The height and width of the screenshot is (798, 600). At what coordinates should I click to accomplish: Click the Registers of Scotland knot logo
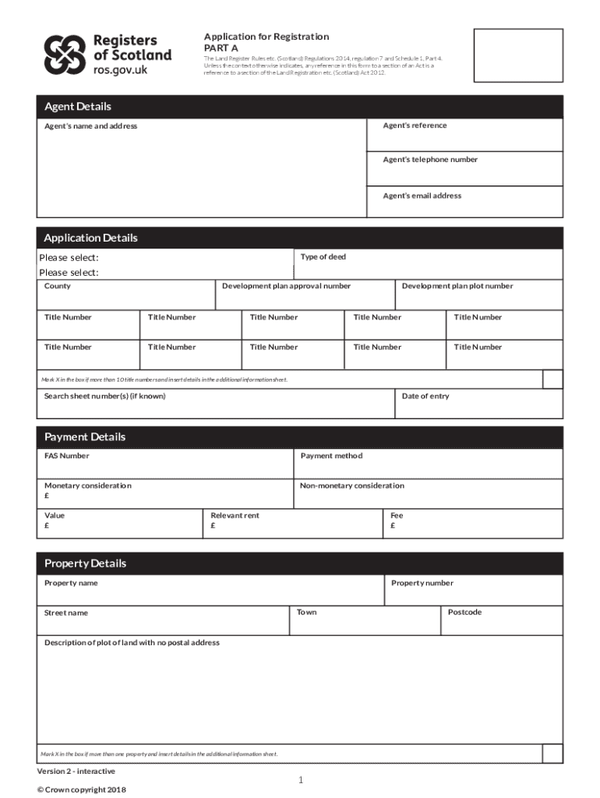pos(64,54)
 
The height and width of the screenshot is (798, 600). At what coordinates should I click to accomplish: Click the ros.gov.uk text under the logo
pos(119,69)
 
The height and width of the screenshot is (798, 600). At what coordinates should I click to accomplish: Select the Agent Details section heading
pos(78,107)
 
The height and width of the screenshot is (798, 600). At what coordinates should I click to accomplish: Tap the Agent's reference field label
pos(415,125)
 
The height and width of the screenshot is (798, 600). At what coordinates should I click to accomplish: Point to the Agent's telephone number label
pos(430,160)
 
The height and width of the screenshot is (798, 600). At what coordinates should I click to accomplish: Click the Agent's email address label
pos(422,196)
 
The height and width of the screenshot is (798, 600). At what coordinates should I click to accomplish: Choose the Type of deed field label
pos(323,257)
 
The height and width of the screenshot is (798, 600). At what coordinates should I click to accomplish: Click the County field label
pos(58,286)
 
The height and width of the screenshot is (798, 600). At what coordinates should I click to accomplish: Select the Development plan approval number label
pos(286,286)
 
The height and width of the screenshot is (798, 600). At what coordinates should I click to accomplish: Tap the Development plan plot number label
pos(457,286)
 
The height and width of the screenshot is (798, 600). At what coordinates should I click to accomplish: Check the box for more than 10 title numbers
pos(552,379)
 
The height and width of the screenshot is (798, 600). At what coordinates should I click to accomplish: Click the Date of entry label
pos(425,397)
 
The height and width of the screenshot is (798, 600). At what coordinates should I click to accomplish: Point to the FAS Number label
pos(67,456)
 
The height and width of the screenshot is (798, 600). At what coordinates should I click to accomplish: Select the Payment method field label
pos(331,456)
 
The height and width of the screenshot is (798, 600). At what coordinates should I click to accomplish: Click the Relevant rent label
pos(235,516)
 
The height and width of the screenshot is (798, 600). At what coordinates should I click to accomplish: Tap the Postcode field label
pos(465,613)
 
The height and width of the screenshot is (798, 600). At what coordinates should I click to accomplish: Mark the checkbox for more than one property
pos(552,754)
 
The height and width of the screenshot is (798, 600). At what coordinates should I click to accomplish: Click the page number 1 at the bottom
pos(300,780)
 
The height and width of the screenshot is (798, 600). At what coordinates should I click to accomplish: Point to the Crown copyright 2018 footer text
pos(81,789)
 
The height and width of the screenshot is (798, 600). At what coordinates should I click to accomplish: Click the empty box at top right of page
pos(518,55)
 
